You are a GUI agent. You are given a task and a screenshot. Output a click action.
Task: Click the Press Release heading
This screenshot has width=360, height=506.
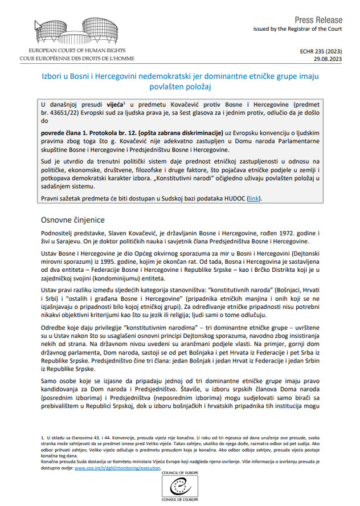click(326, 19)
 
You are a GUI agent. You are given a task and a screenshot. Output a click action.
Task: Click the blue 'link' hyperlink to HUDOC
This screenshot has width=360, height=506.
click(253, 198)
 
